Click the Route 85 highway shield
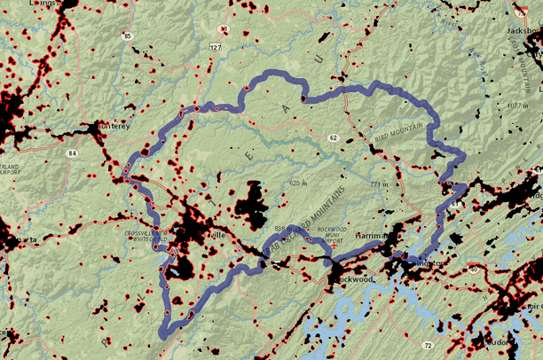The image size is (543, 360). click(x=129, y=36)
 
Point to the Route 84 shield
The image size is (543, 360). click(x=71, y=153)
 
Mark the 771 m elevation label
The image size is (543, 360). click(x=381, y=184)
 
